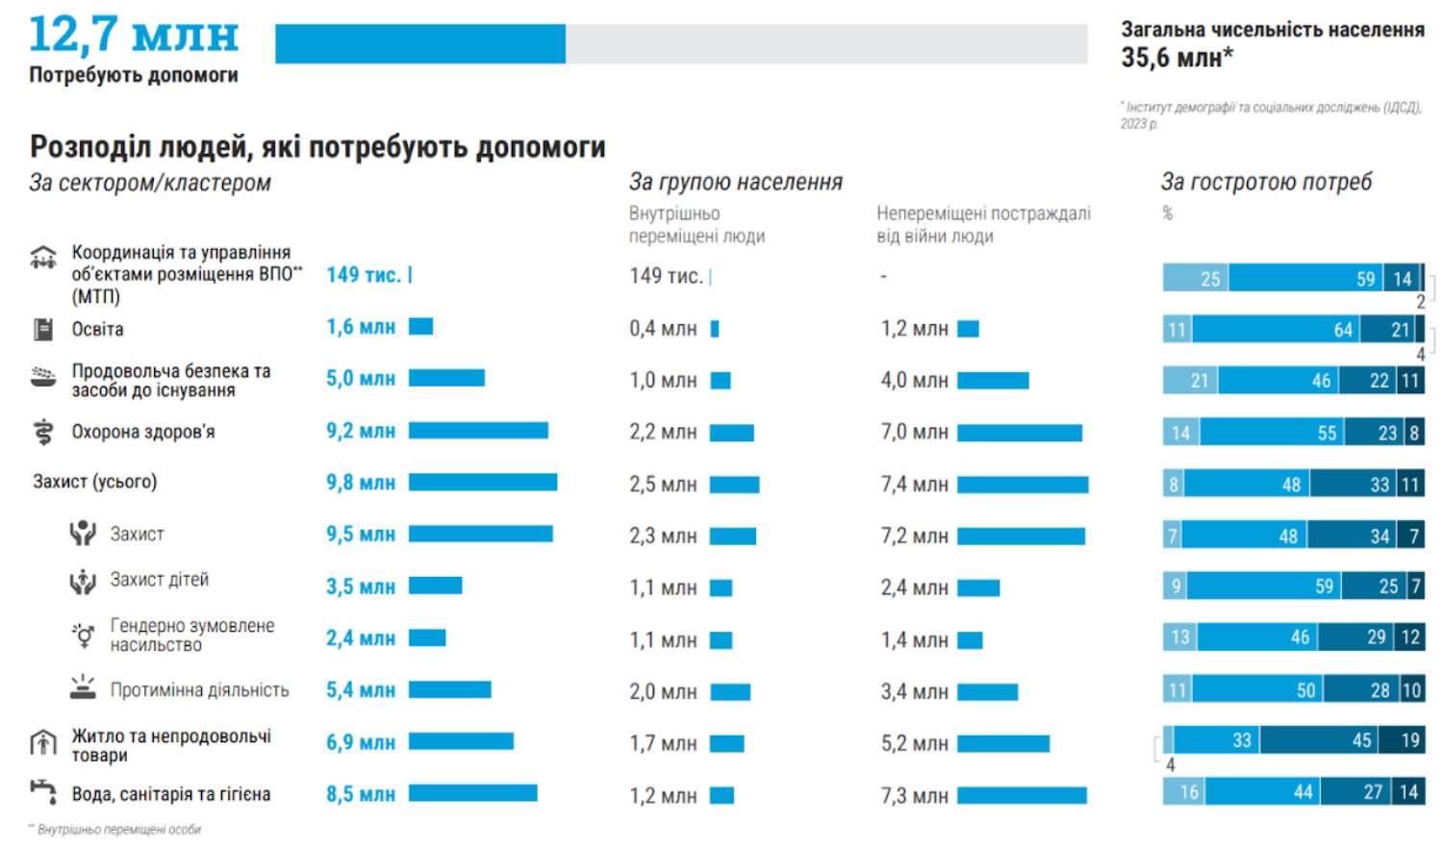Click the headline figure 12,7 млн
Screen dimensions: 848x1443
133,35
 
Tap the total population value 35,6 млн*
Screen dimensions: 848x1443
1177,59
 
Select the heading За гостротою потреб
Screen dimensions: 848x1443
1266,182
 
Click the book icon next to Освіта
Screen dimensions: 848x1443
43,330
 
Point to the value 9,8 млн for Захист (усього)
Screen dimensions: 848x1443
361,483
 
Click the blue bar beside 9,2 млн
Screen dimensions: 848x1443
478,431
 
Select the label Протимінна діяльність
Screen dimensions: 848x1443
199,690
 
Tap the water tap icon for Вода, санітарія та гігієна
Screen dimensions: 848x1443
43,791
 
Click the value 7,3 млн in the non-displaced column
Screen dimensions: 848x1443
914,796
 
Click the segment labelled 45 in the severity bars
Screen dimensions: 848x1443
1318,740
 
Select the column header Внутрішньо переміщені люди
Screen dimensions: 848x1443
696,225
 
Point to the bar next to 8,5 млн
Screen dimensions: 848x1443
472,793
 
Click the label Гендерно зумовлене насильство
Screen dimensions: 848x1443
192,636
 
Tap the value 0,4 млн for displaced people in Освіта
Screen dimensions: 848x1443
663,329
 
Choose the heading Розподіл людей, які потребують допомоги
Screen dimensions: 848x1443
317,147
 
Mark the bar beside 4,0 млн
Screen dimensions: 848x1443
993,381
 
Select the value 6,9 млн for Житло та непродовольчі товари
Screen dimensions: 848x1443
361,742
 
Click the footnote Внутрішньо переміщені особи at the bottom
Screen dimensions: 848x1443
118,830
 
